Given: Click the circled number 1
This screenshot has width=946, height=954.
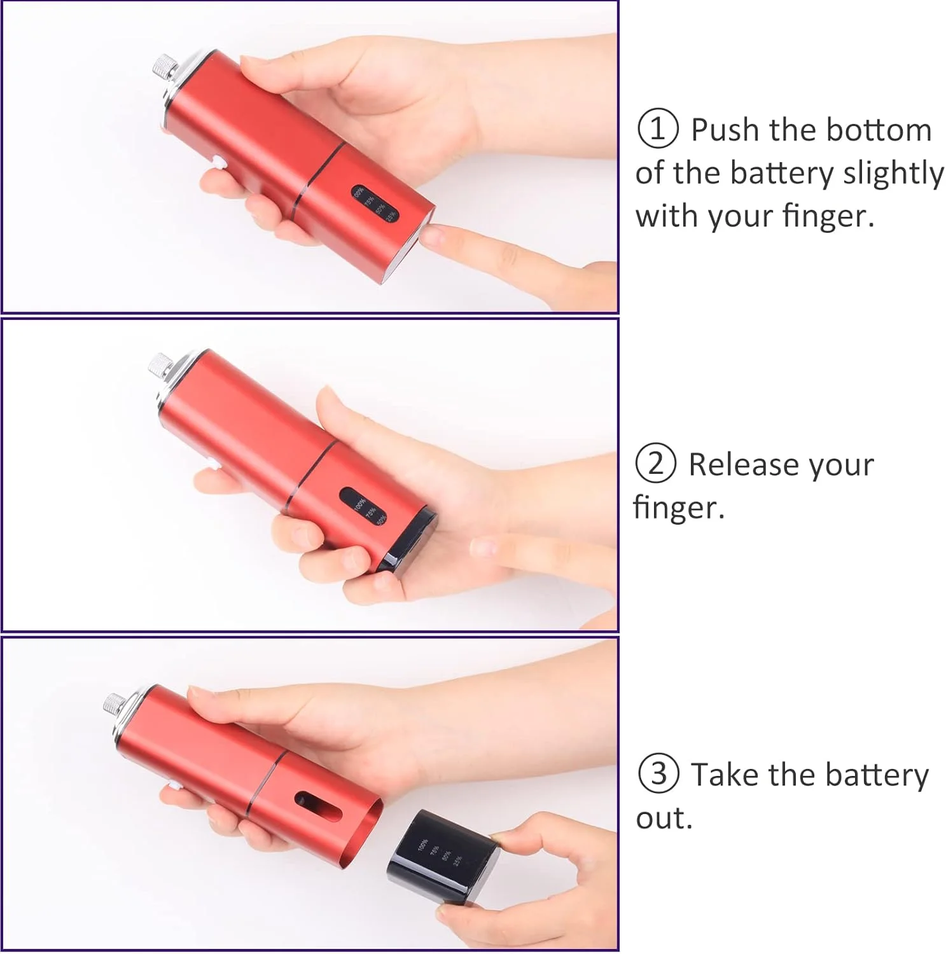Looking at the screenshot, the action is [658, 129].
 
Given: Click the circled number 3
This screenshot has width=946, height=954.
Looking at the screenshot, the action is [658, 774].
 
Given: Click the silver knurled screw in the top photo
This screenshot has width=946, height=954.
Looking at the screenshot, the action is [164, 70].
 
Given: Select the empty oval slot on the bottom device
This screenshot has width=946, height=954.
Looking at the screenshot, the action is [318, 806].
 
